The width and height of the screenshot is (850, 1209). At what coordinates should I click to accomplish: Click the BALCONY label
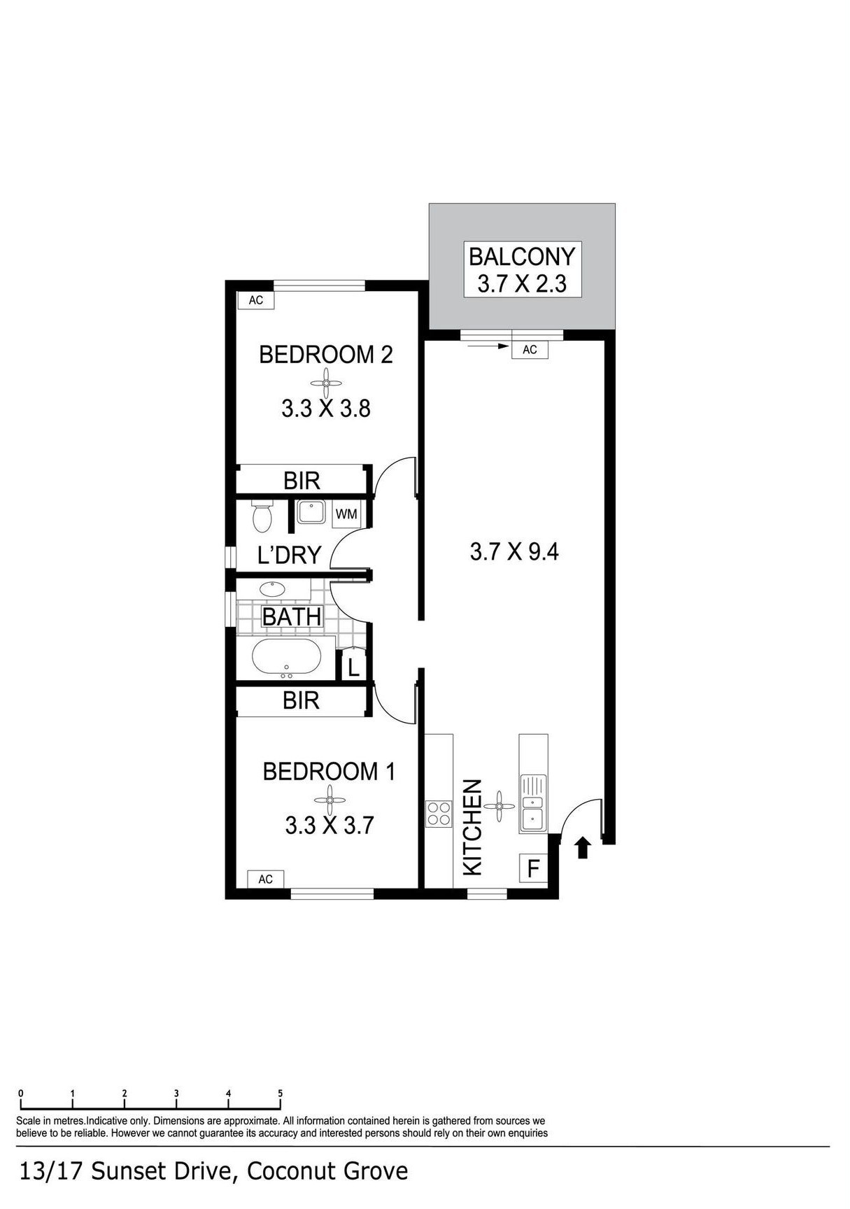point(521,256)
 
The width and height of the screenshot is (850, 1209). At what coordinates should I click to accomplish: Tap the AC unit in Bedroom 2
point(256,299)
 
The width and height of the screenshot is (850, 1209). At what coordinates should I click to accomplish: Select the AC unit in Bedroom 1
point(265,879)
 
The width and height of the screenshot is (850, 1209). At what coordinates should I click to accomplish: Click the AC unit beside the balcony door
point(530,349)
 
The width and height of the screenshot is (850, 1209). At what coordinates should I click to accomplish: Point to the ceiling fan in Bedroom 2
point(326,383)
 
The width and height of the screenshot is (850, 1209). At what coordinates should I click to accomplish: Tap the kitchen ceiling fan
point(500,806)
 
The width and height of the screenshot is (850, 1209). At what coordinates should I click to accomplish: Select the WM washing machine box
point(346,514)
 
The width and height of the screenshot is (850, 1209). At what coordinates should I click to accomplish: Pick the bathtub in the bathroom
point(286,658)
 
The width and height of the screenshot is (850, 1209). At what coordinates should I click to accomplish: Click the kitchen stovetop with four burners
point(439,814)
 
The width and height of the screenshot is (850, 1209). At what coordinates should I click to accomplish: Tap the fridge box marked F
point(533,869)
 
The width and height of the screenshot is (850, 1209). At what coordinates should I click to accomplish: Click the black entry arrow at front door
point(583,849)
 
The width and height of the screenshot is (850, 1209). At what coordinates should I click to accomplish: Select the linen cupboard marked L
point(353,667)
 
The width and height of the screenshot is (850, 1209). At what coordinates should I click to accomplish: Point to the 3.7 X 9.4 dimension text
point(514,552)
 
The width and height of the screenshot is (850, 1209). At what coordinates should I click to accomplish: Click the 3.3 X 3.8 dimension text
point(326,408)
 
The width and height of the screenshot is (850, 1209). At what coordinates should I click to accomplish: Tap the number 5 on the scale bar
point(280,1093)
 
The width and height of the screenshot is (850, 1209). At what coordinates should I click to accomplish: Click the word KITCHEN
point(473,827)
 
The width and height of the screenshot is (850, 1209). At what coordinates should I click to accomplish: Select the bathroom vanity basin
point(271,589)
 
